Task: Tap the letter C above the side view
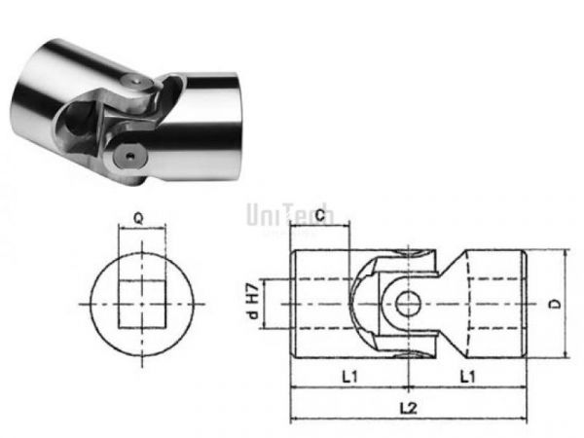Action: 320,219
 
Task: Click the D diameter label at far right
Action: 553,303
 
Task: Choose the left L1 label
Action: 347,374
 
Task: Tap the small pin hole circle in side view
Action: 407,304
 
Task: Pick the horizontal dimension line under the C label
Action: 320,232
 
